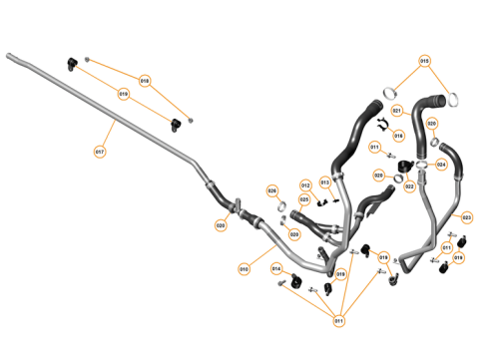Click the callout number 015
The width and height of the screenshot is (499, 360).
(x=425, y=61)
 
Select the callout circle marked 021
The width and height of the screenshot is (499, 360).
(x=396, y=110)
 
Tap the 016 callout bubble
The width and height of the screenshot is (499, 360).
(x=398, y=136)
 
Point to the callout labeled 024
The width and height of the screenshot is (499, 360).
(x=440, y=165)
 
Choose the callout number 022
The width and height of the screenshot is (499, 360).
(x=409, y=186)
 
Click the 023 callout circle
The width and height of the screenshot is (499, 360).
(x=466, y=215)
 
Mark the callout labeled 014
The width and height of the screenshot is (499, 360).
(x=276, y=269)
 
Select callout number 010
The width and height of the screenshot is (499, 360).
(x=244, y=269)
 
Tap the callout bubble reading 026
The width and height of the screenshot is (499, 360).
(x=271, y=190)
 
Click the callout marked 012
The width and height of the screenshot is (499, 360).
(x=306, y=185)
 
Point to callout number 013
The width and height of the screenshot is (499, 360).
(x=325, y=182)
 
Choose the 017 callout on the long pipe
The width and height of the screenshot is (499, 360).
(x=100, y=152)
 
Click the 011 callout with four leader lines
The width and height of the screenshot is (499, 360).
(x=338, y=320)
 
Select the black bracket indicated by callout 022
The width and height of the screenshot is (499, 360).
(x=405, y=166)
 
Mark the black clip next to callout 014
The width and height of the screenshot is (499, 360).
(x=297, y=283)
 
